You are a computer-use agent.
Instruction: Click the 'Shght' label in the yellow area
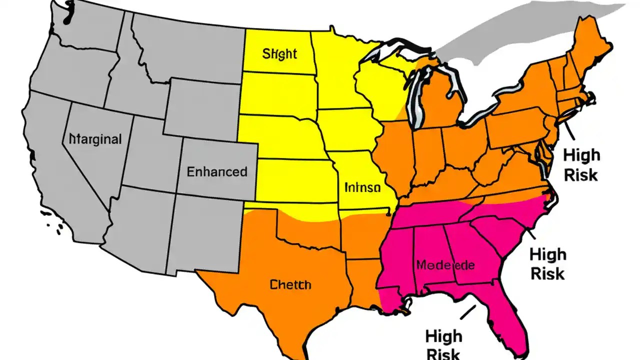click(x=279, y=53)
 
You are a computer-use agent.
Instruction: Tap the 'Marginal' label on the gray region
click(x=95, y=139)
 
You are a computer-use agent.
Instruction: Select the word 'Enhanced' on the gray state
click(x=217, y=172)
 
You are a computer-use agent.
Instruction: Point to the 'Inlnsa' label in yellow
click(x=362, y=188)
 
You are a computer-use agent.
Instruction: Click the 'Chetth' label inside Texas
click(x=290, y=285)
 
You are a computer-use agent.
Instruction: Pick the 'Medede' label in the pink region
click(x=444, y=265)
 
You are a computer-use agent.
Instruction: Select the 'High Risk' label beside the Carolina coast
click(x=547, y=263)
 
